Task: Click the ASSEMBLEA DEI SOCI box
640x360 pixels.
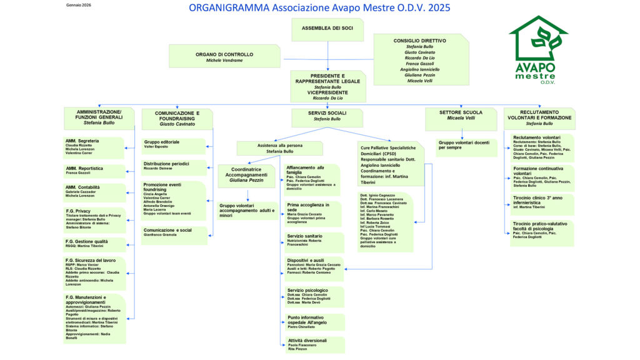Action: (x=327, y=29)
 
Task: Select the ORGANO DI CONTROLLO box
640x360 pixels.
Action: (x=224, y=56)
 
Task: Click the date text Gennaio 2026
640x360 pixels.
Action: (x=78, y=4)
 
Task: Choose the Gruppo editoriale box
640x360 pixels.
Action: (x=173, y=146)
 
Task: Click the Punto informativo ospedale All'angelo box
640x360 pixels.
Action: (x=314, y=322)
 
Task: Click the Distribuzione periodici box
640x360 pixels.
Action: (x=173, y=167)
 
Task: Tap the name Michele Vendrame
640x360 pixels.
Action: (x=224, y=60)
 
